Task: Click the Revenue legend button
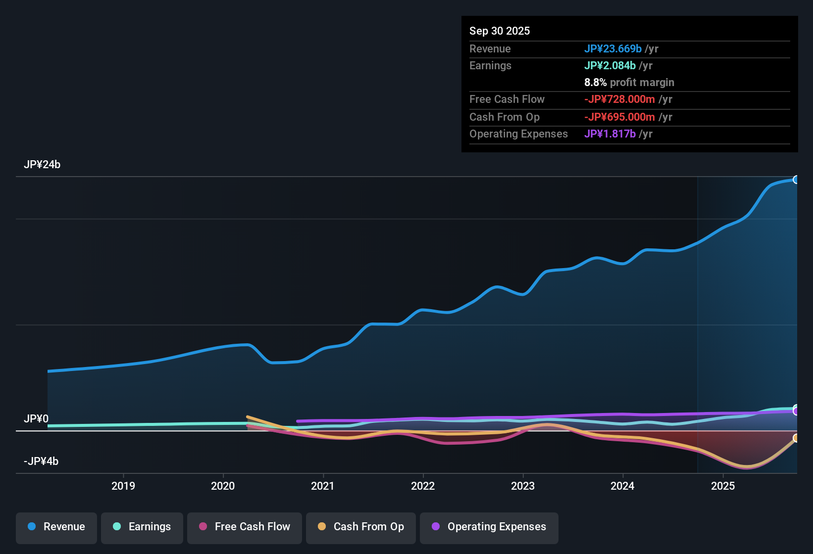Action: click(x=56, y=527)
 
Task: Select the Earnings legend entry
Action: click(x=142, y=527)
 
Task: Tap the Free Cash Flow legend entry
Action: click(x=245, y=527)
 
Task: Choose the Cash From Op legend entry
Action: click(x=361, y=527)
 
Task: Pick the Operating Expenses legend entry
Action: click(x=489, y=527)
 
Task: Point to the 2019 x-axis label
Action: click(x=123, y=486)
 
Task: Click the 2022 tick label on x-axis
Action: click(x=423, y=486)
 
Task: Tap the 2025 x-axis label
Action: click(x=723, y=486)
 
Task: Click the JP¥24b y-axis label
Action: click(x=42, y=165)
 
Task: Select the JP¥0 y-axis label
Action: click(x=36, y=419)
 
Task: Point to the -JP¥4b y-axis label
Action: click(x=41, y=462)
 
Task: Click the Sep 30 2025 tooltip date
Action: click(x=500, y=31)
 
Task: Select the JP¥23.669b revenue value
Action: click(x=613, y=48)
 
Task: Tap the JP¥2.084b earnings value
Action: click(x=610, y=65)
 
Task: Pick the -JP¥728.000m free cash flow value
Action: click(x=619, y=99)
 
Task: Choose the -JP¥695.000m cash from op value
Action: click(x=619, y=117)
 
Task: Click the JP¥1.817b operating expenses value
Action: click(x=610, y=134)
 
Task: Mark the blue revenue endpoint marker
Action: click(x=796, y=180)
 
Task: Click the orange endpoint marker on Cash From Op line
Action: click(x=796, y=438)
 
